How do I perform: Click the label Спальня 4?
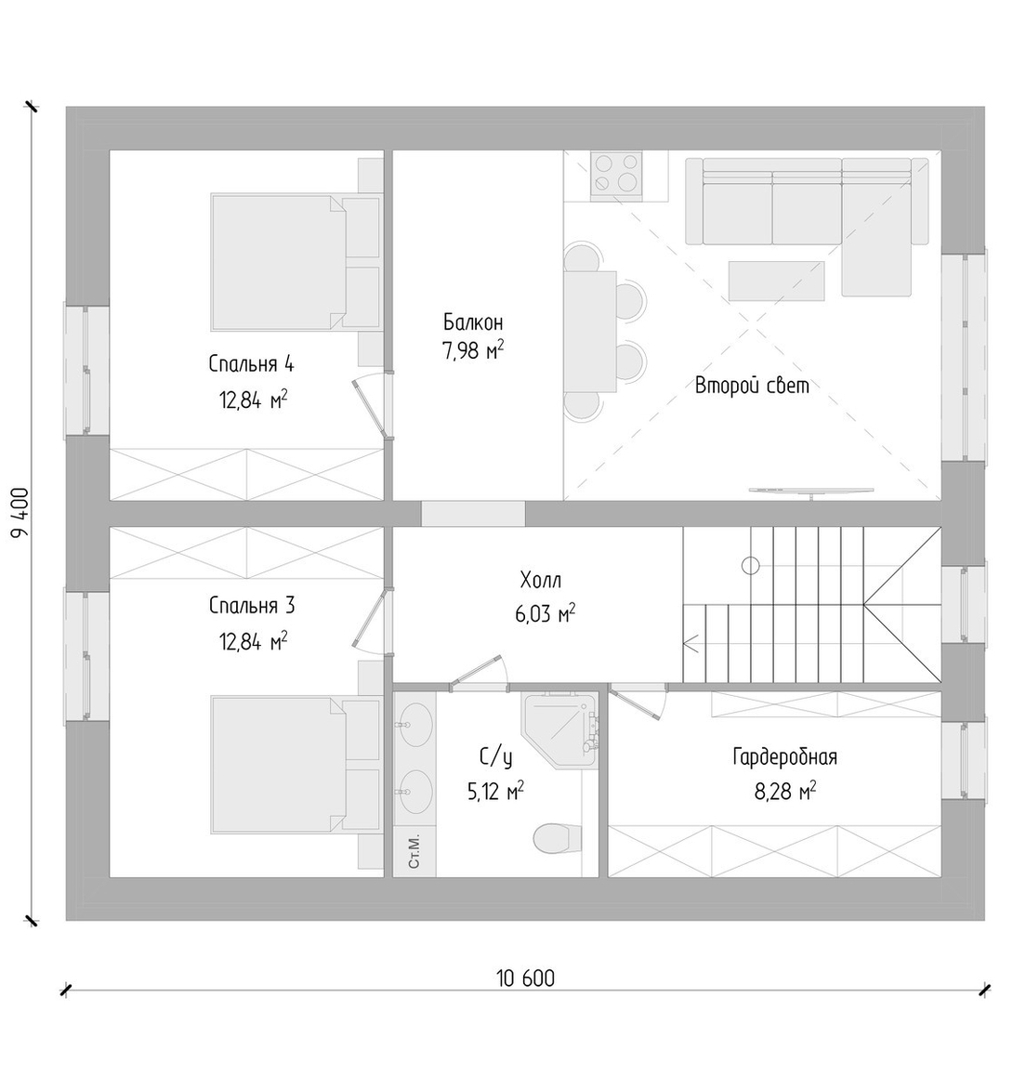coord(251,363)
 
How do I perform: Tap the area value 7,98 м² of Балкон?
coord(474,351)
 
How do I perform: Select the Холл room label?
coord(541,581)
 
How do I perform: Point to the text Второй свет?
coord(752,385)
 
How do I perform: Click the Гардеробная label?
coord(785,757)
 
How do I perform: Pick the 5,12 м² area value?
coord(496,792)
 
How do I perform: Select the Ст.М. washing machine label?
coord(414,852)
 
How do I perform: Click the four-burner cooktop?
coord(616,173)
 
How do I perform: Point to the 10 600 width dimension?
coord(525,978)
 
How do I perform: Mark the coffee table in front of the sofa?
coord(776,280)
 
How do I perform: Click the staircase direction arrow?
coord(691,644)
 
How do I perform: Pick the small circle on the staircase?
coord(751,566)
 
